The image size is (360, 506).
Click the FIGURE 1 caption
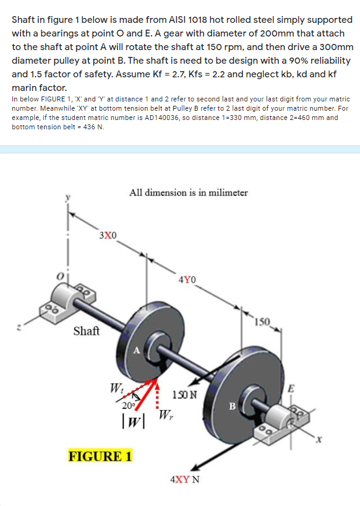(100, 457)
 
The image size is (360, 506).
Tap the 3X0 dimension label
(108, 235)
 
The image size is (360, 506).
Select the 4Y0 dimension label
(187, 280)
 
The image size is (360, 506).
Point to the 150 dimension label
(262, 322)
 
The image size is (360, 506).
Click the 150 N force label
(184, 395)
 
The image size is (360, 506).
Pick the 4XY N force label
(185, 479)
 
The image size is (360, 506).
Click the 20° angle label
(128, 406)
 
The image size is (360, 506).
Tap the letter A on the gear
(137, 351)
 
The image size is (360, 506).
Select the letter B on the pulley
(232, 406)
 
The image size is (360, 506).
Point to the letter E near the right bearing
(291, 388)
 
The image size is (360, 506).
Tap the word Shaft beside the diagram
(87, 331)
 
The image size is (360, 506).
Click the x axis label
(319, 439)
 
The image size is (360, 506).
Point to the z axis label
(19, 328)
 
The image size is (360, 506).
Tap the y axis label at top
(68, 197)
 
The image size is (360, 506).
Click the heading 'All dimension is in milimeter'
(189, 192)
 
